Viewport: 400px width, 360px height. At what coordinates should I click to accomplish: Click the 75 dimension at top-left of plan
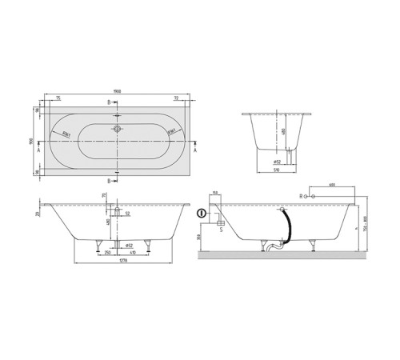[x=61, y=98]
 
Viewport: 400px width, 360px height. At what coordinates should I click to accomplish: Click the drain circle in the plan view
[x=118, y=129]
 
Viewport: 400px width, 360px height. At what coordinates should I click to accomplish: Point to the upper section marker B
[x=109, y=102]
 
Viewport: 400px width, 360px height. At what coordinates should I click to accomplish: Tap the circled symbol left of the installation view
[x=201, y=214]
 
